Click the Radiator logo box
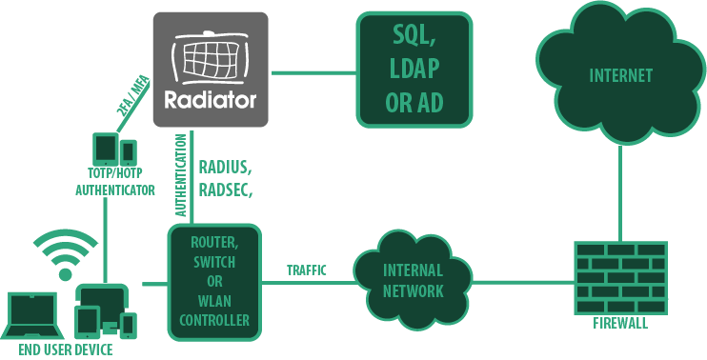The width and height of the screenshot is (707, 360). pos(211,70)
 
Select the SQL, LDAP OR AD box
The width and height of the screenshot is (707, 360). pos(414,70)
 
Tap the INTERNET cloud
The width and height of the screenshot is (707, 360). pos(621,74)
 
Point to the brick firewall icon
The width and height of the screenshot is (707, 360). pos(620,278)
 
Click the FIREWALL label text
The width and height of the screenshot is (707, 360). pos(620,323)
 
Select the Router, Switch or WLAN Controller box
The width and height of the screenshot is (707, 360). pos(214,282)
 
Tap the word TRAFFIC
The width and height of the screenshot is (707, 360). pos(307,270)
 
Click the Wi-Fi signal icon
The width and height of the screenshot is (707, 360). pos(66,254)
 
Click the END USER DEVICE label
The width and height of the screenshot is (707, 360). pos(66,350)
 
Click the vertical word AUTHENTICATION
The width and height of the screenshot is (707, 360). pos(181,175)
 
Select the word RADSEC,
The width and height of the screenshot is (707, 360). pos(226,190)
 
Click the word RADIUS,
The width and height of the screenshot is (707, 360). pos(226,168)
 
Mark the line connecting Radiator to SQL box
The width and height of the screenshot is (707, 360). pos(313,72)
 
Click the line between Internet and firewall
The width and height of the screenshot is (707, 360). pos(620,192)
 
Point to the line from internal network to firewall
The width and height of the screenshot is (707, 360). pos(523,283)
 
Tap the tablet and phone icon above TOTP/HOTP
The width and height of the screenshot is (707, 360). pos(114,150)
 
